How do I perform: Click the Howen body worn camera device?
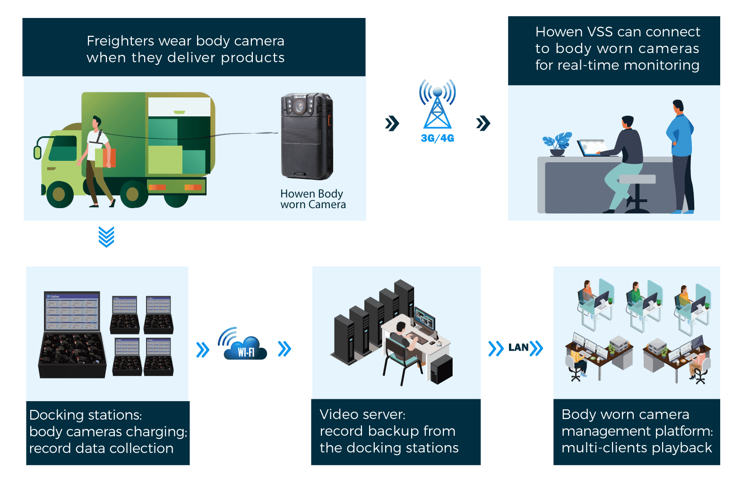tap(307, 136)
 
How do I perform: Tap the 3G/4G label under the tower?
tap(437, 138)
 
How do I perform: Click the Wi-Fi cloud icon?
tap(245, 348)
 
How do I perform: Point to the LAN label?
tap(518, 348)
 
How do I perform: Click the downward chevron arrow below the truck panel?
tap(107, 236)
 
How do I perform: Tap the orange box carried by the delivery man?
tap(106, 158)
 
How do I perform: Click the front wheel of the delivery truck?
tap(60, 194)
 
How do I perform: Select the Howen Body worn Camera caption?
tap(313, 199)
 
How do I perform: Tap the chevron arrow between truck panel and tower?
tap(392, 123)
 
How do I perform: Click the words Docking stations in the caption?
tap(86, 415)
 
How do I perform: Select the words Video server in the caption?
tap(362, 414)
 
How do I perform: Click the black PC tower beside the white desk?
tap(441, 369)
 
